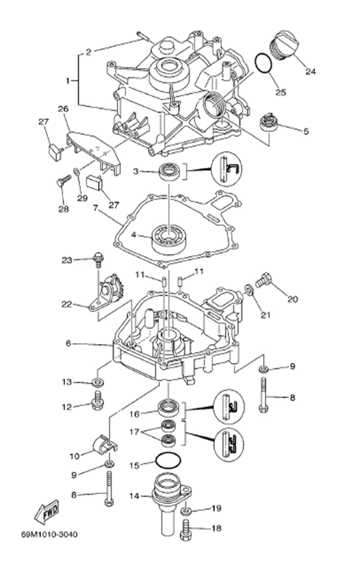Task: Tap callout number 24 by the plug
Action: tap(310, 71)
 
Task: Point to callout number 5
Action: tap(306, 131)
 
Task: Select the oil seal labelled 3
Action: tap(170, 171)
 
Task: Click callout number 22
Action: tap(67, 305)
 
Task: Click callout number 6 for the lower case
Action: tap(68, 344)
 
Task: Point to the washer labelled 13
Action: tap(98, 381)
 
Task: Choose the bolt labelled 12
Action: tap(98, 403)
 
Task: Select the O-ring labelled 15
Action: tap(169, 460)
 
